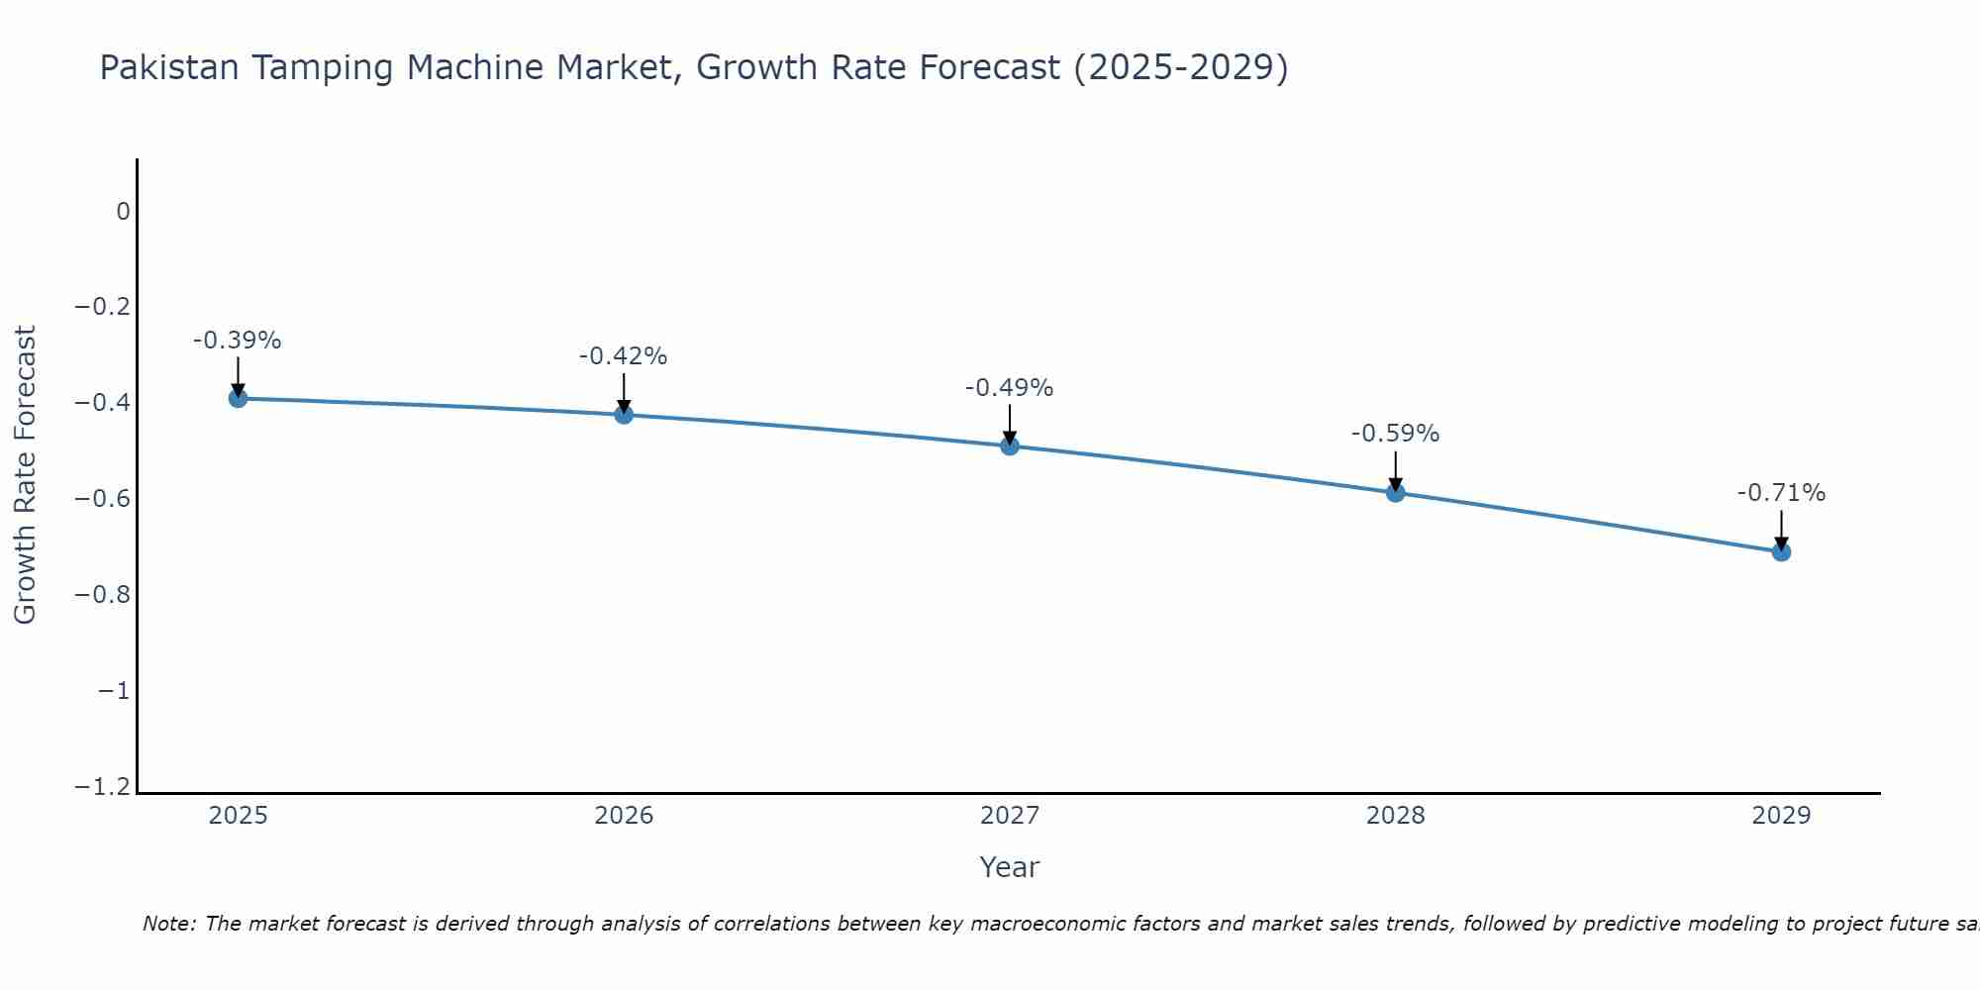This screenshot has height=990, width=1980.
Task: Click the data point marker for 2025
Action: (x=238, y=398)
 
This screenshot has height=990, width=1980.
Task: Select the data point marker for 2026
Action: (x=624, y=414)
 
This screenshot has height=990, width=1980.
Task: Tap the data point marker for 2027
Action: (x=1010, y=445)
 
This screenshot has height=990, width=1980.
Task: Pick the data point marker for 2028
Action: (x=1396, y=492)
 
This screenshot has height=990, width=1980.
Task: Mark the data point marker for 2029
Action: (x=1781, y=551)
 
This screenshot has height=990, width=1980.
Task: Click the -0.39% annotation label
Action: (x=238, y=341)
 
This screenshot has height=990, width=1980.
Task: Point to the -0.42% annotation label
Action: (x=624, y=356)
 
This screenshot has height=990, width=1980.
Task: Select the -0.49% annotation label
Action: (x=1010, y=388)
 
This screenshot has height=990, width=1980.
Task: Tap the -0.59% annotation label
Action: (x=1396, y=434)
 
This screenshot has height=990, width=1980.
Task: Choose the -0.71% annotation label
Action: (x=1781, y=493)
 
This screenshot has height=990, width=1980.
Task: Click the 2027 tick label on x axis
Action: (x=1010, y=816)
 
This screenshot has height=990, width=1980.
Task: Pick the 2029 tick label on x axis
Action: (x=1781, y=816)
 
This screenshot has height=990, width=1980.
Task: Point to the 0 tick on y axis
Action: (x=123, y=211)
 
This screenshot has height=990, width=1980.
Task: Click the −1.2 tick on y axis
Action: (x=102, y=786)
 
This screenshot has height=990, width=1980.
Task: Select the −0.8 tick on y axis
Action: (x=102, y=594)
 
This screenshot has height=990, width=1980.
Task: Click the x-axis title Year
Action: (x=1010, y=867)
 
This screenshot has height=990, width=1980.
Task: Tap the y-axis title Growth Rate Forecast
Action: (x=25, y=475)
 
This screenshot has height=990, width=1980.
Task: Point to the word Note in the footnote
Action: (x=168, y=924)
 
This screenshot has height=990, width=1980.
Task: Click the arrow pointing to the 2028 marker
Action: (x=1396, y=469)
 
